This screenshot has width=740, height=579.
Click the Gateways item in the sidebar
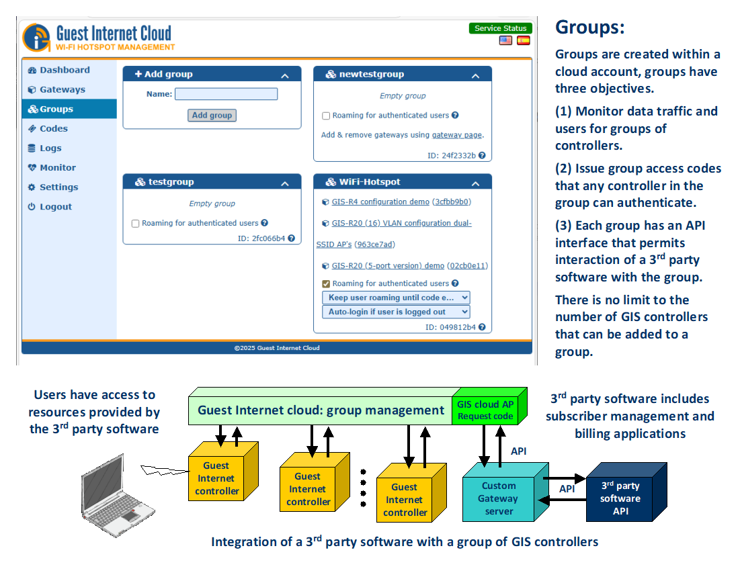pyautogui.click(x=62, y=89)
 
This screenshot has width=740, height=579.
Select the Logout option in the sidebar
pyautogui.click(x=55, y=207)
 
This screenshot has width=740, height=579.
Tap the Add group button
pyautogui.click(x=212, y=116)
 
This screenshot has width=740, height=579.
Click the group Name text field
pyautogui.click(x=226, y=94)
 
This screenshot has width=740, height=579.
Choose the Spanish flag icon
pyautogui.click(x=523, y=40)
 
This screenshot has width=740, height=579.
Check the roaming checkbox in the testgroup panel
pyautogui.click(x=136, y=224)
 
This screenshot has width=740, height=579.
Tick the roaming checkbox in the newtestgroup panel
pyautogui.click(x=326, y=116)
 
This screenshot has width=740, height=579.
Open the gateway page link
pyautogui.click(x=456, y=135)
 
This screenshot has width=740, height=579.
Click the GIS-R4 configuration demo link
pyautogui.click(x=380, y=202)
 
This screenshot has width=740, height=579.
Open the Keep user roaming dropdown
pyautogui.click(x=396, y=298)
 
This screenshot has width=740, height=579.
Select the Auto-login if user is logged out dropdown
pyautogui.click(x=396, y=312)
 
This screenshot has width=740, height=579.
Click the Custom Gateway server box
pyautogui.click(x=498, y=498)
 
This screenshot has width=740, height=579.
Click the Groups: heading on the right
pyautogui.click(x=589, y=28)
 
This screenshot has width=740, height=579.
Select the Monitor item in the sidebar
pyautogui.click(x=57, y=168)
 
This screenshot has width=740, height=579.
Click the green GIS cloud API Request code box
pyautogui.click(x=485, y=410)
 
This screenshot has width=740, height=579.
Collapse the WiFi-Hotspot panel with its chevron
pyautogui.click(x=475, y=183)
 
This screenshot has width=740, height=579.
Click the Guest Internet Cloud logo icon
pyautogui.click(x=36, y=37)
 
